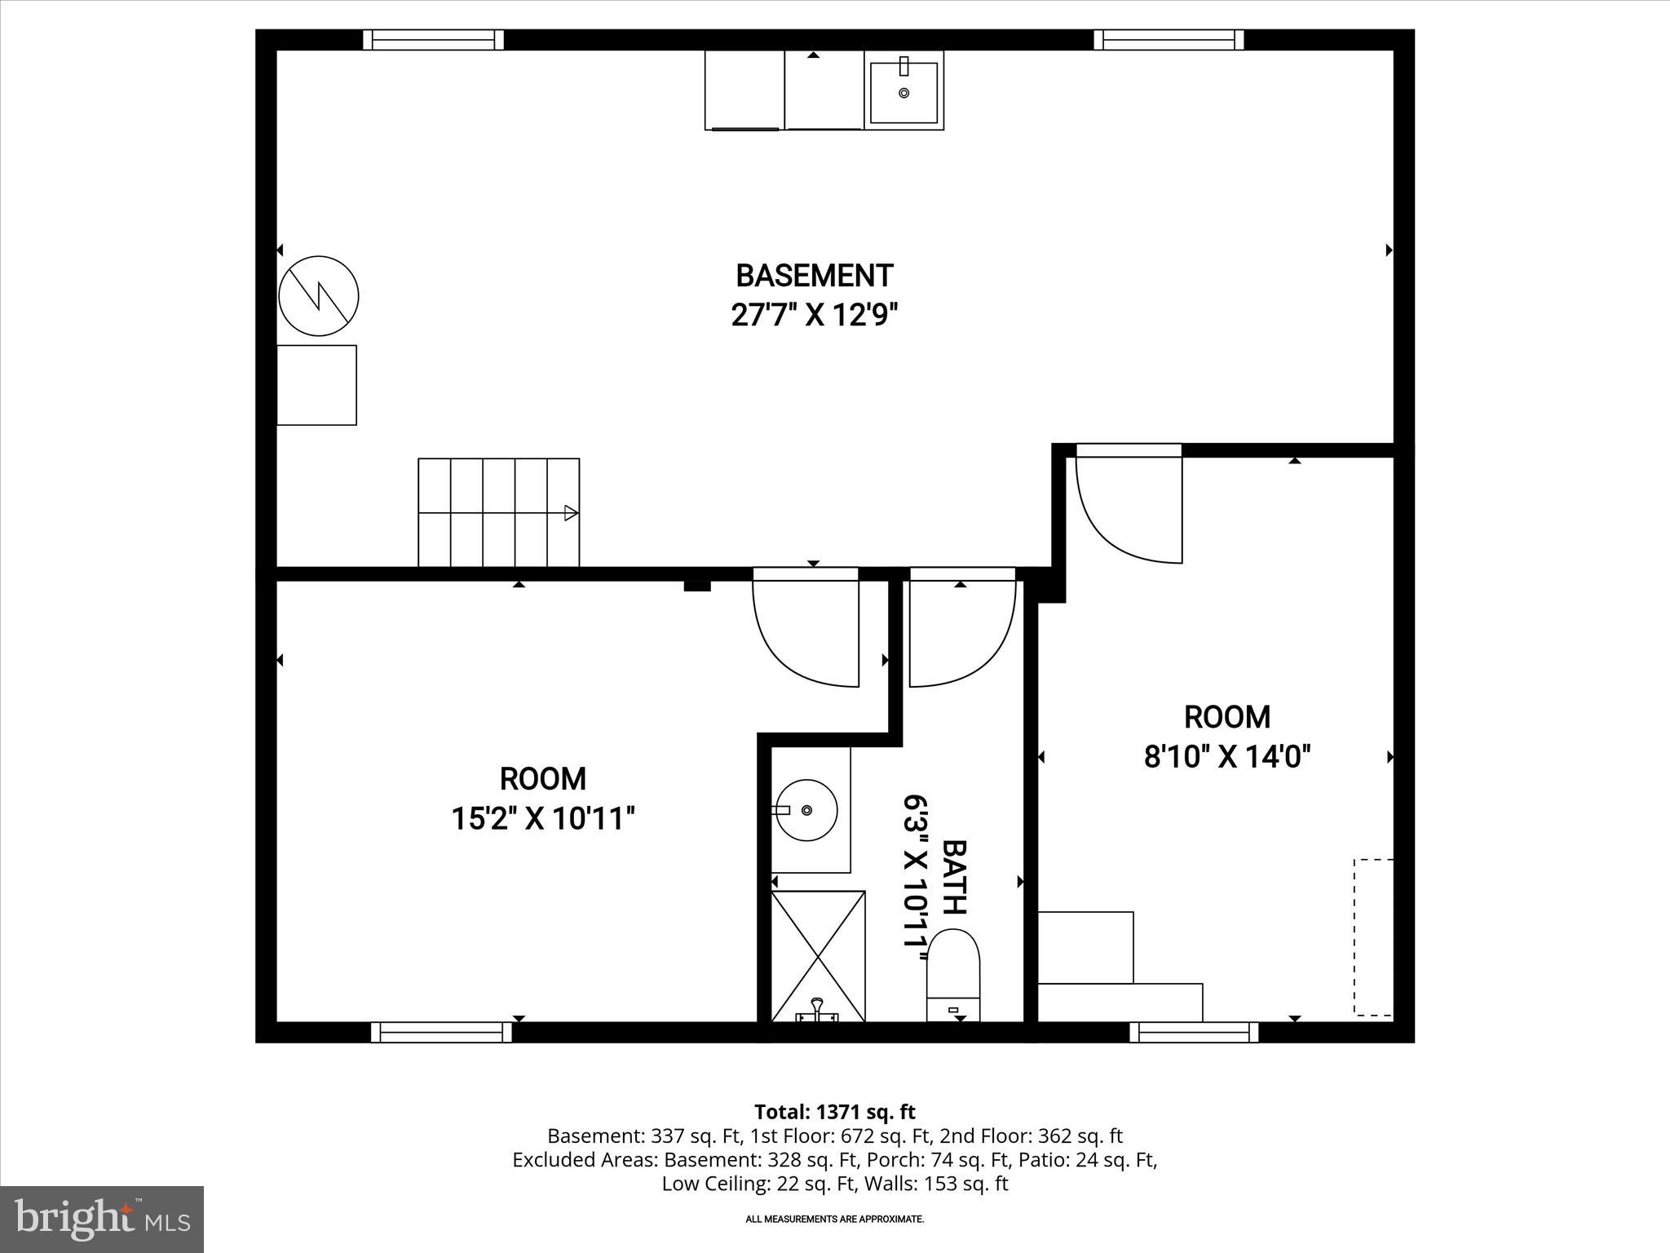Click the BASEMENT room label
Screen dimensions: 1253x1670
click(814, 276)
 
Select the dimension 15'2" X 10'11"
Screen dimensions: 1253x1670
click(543, 817)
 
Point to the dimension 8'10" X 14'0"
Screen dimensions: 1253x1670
click(1227, 757)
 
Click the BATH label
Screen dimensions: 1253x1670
click(954, 876)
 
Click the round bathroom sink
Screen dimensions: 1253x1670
click(806, 810)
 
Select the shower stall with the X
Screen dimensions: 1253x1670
click(818, 955)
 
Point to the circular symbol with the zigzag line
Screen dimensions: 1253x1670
click(318, 295)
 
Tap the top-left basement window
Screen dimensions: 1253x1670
click(433, 40)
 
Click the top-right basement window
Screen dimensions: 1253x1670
click(1169, 40)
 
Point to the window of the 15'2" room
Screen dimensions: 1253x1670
click(441, 1032)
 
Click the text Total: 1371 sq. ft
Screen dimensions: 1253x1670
click(834, 1112)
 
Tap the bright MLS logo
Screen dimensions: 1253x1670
click(102, 1219)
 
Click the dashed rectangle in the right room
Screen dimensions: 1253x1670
click(1373, 937)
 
